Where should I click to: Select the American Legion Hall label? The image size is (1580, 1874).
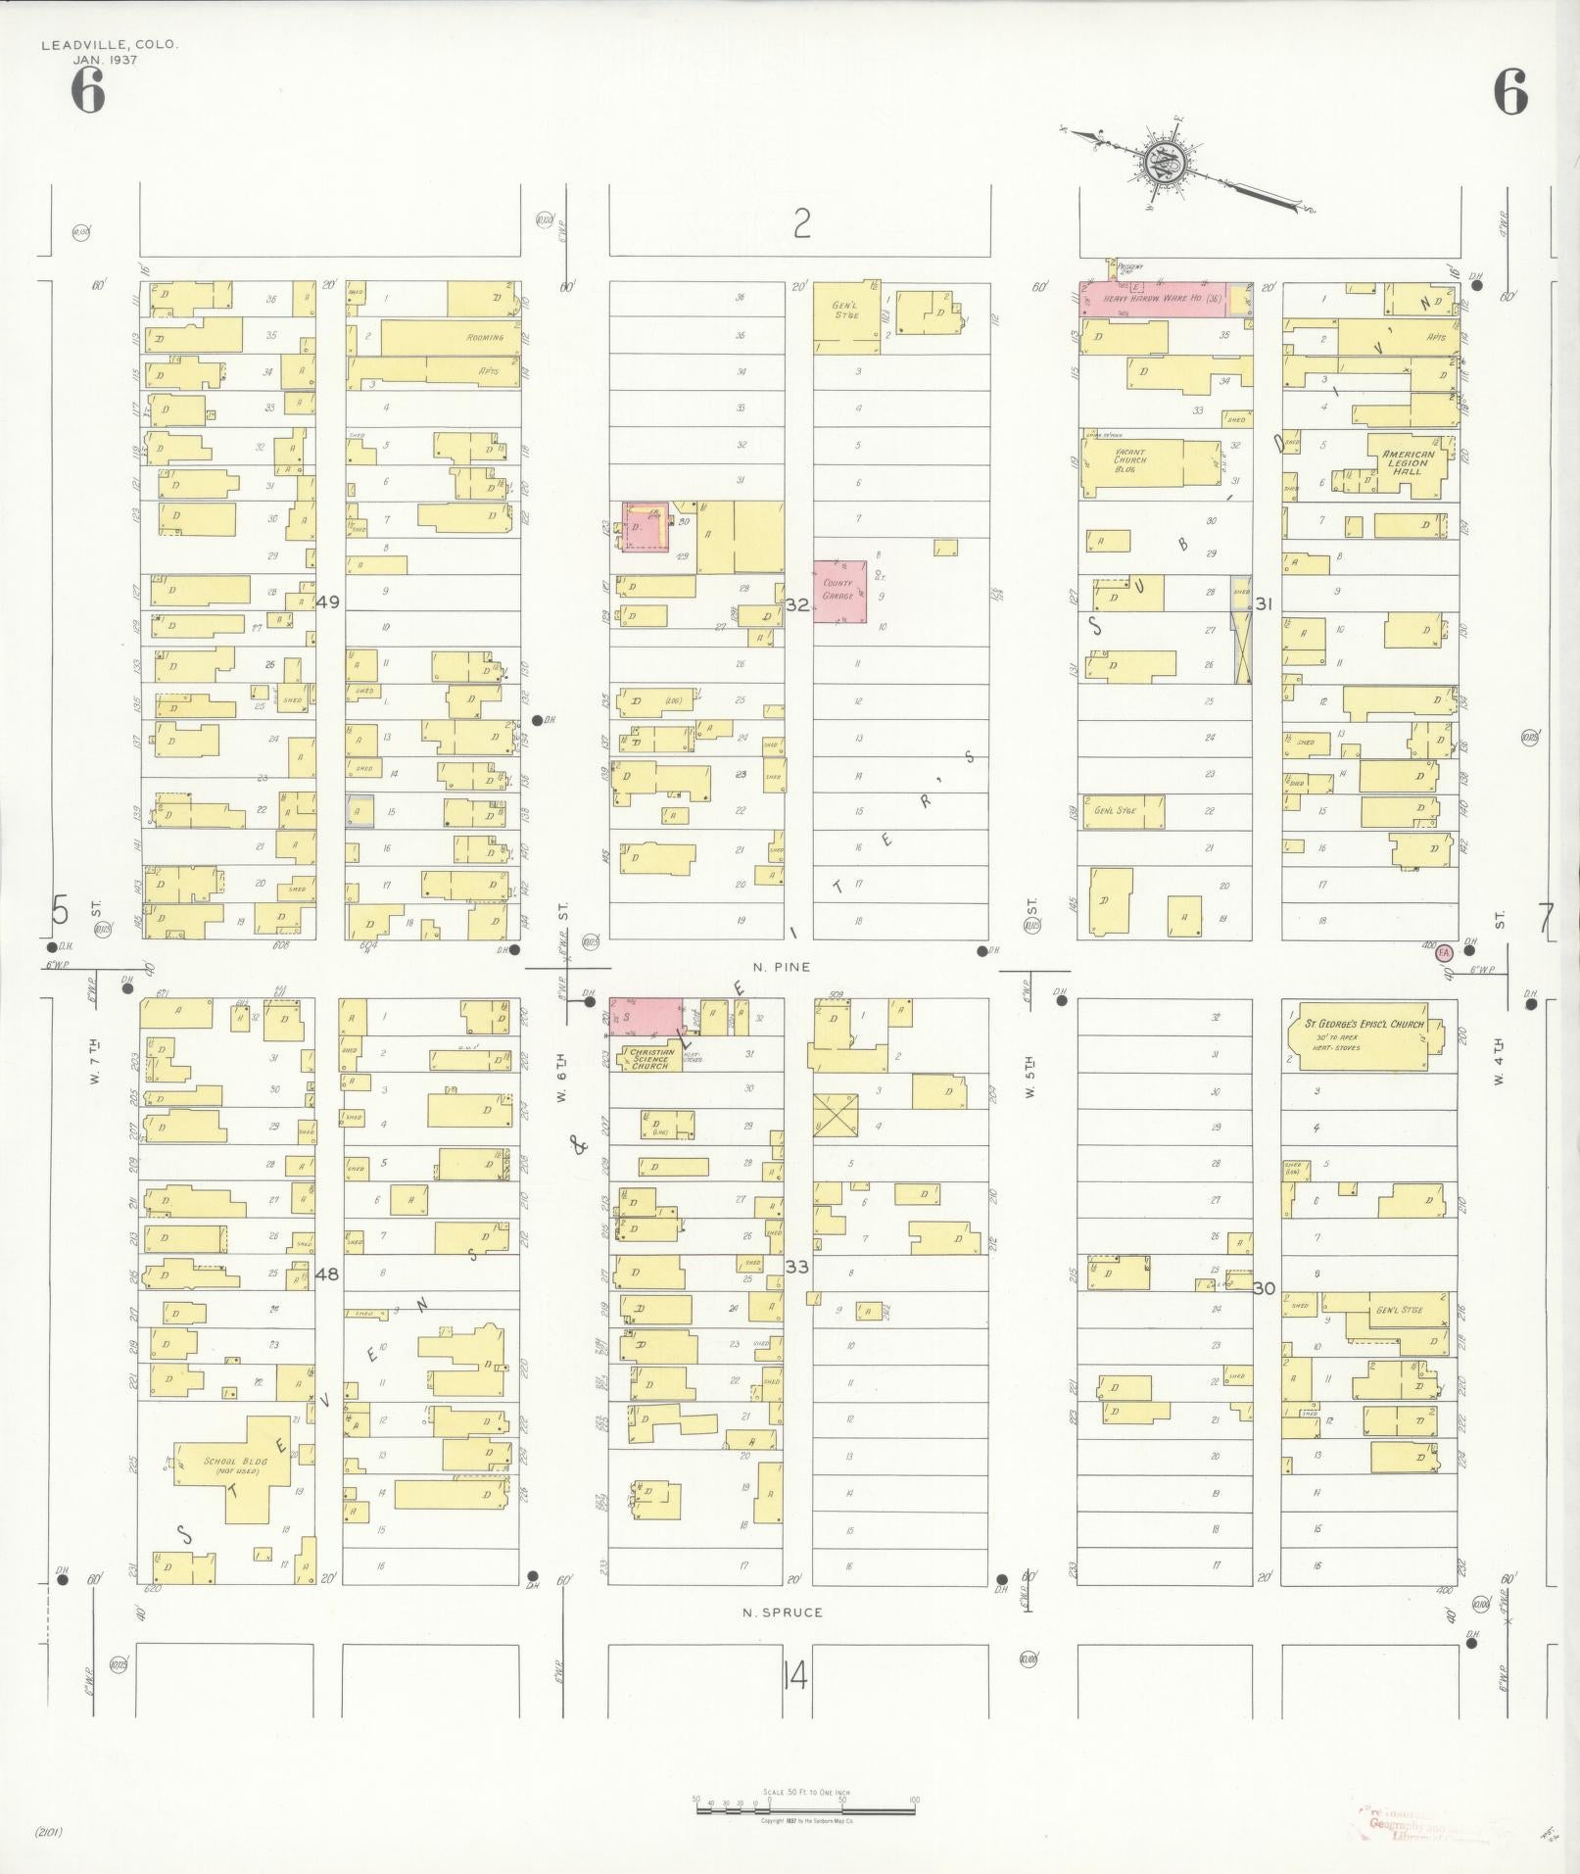[x=1408, y=462]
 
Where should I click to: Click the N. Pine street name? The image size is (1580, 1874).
[x=781, y=967]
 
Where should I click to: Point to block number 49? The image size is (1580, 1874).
[x=328, y=601]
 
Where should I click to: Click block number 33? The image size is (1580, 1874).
[x=796, y=1267]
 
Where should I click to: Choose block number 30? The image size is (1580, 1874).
[x=1264, y=1288]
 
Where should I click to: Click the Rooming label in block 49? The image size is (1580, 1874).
[x=485, y=338]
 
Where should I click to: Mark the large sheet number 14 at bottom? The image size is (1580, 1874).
[x=795, y=1677]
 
